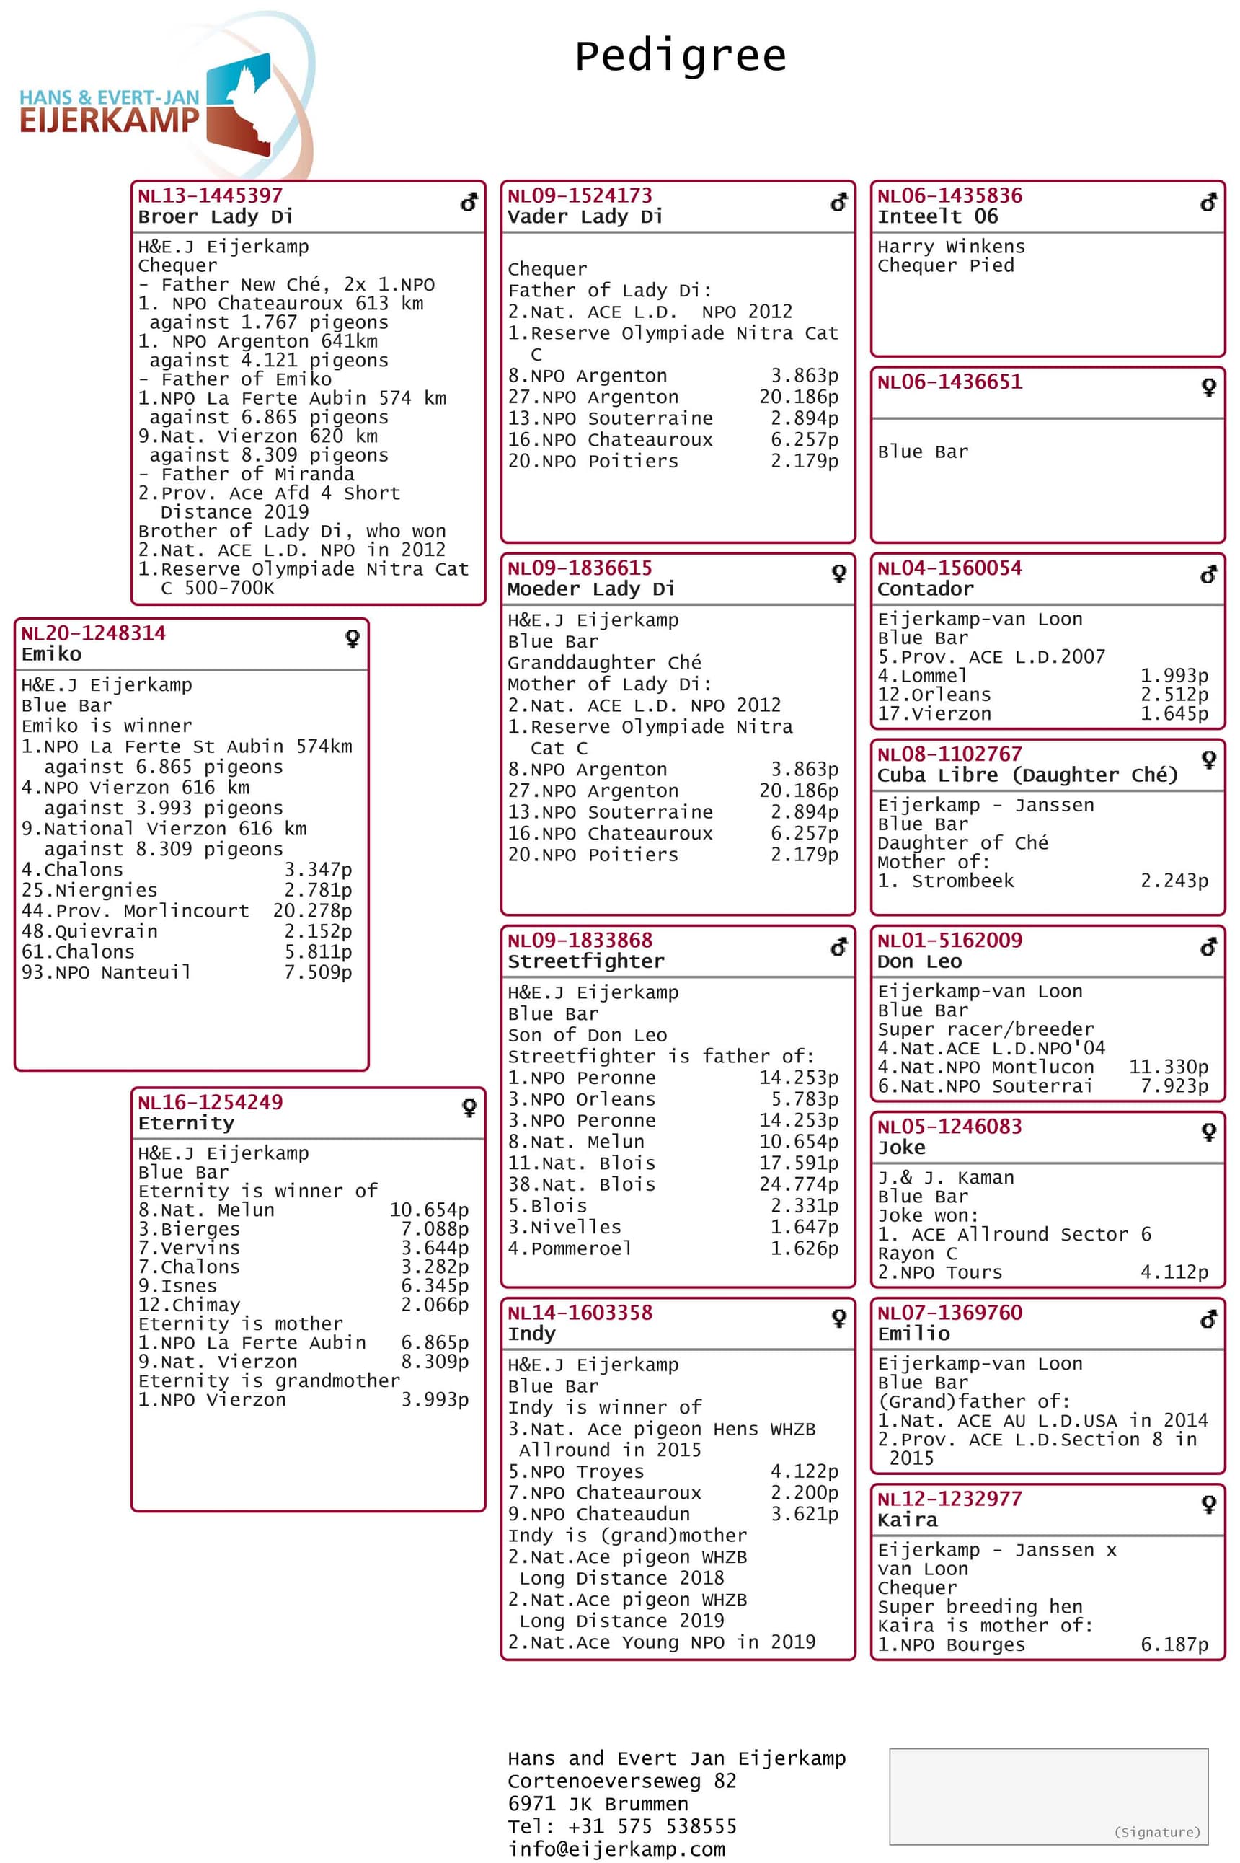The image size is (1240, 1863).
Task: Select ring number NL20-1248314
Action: click(93, 633)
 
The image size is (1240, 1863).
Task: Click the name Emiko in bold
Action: click(51, 654)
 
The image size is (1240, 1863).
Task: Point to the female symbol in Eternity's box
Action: click(469, 1108)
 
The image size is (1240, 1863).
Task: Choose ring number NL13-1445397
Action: click(210, 195)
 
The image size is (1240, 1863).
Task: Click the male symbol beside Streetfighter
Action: click(838, 946)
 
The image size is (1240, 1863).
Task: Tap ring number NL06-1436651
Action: click(949, 382)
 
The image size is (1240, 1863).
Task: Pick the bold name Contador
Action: click(925, 589)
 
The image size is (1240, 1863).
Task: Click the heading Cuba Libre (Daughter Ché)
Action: click(1027, 775)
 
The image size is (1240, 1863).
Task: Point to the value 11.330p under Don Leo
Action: click(1168, 1067)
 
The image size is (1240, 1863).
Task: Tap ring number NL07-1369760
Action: click(949, 1313)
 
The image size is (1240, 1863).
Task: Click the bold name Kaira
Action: click(907, 1520)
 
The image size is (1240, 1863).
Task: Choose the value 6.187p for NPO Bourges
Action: click(1174, 1645)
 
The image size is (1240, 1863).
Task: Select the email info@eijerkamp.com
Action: click(616, 1849)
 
